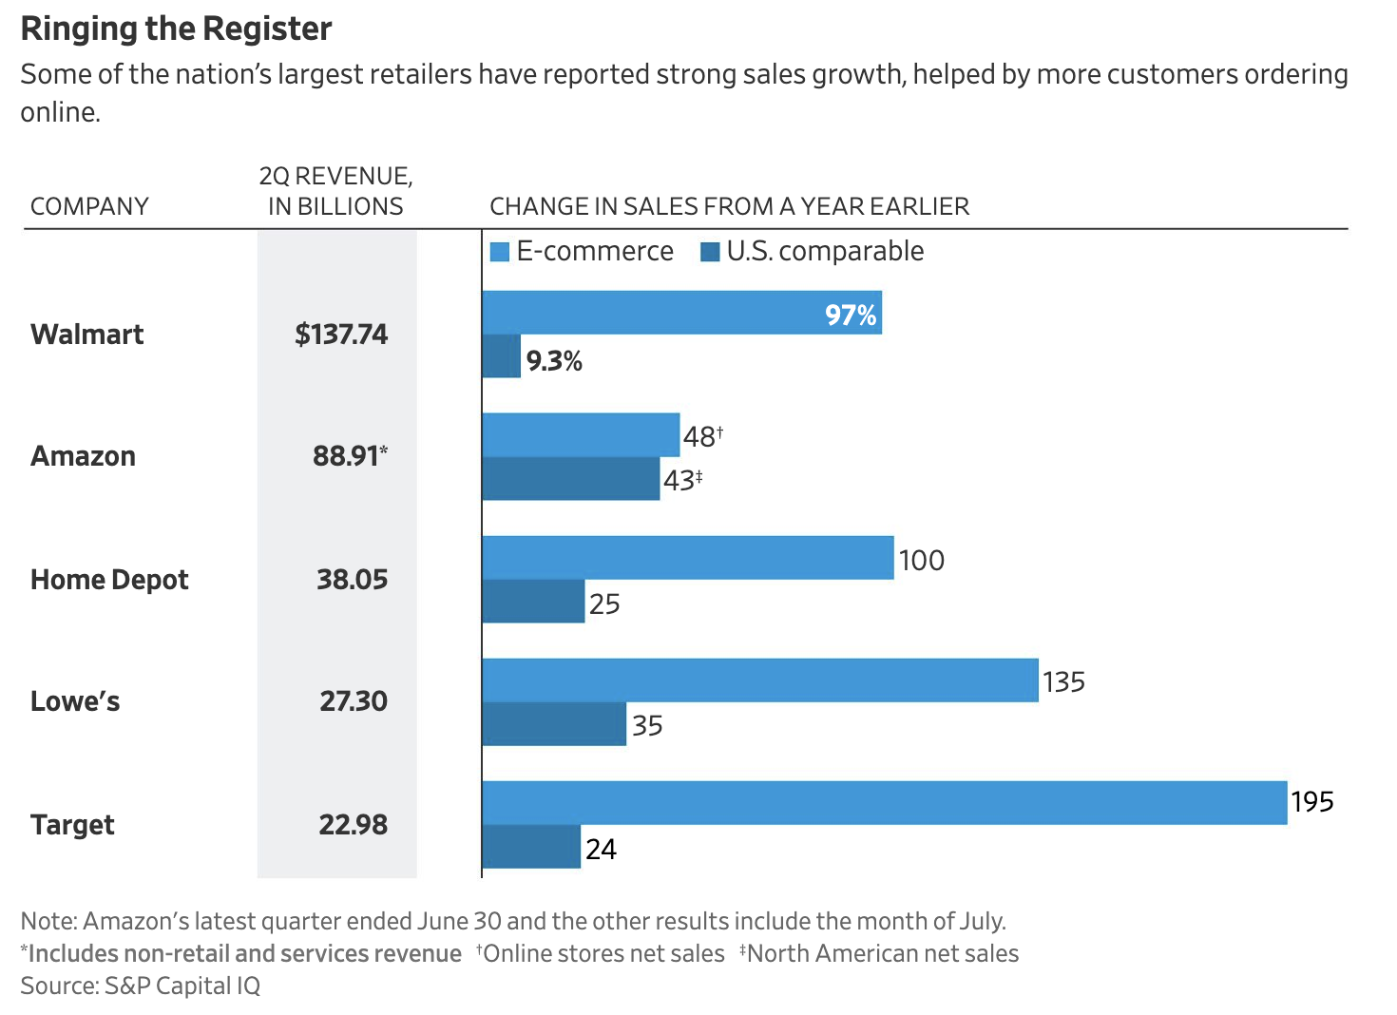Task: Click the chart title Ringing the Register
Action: coord(176,29)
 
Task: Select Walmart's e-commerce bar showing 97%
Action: coord(681,313)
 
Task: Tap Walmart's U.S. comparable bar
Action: coord(501,356)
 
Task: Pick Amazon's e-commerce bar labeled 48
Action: coord(581,435)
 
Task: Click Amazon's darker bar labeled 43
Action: coord(570,479)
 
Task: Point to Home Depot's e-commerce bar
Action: coord(687,558)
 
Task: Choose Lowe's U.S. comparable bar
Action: coord(553,724)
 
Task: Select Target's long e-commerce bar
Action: coord(884,803)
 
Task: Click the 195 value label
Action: coord(1312,802)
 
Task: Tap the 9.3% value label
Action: coord(554,361)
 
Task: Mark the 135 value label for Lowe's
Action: coord(1063,682)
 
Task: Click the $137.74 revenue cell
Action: coord(341,335)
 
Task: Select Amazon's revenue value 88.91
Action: coord(348,456)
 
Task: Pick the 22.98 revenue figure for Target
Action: coord(353,825)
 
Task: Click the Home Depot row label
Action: coord(109,580)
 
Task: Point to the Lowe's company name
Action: coord(75,701)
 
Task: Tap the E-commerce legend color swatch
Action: coord(500,252)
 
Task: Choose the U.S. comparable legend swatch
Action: coord(710,252)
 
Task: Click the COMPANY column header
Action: coord(89,206)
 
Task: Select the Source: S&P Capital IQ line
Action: coord(140,986)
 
